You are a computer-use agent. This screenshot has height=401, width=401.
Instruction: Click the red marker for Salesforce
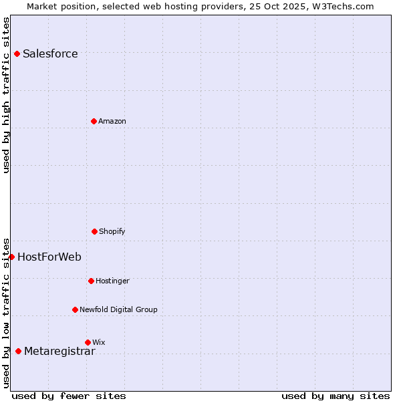pyautogui.click(x=17, y=53)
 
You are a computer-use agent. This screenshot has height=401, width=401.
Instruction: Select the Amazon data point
pyautogui.click(x=94, y=121)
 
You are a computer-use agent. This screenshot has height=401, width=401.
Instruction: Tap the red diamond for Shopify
pyautogui.click(x=94, y=231)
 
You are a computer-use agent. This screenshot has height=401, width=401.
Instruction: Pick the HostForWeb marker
pyautogui.click(x=11, y=257)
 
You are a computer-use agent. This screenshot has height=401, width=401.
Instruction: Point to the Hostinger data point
pyautogui.click(x=91, y=281)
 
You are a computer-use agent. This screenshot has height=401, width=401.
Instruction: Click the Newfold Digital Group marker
pyautogui.click(x=75, y=309)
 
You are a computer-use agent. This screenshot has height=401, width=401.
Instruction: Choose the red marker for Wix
pyautogui.click(x=88, y=342)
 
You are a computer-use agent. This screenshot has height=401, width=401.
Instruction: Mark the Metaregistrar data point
pyautogui.click(x=18, y=351)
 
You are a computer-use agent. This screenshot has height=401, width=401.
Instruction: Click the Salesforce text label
pyautogui.click(x=50, y=54)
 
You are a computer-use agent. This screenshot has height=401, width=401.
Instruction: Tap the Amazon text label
pyautogui.click(x=112, y=122)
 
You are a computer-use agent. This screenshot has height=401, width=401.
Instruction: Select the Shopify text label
pyautogui.click(x=112, y=232)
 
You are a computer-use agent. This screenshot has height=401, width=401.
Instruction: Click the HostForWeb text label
pyautogui.click(x=49, y=257)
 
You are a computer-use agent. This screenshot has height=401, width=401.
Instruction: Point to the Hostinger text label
pyautogui.click(x=112, y=281)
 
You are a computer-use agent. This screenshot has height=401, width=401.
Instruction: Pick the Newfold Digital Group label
pyautogui.click(x=118, y=310)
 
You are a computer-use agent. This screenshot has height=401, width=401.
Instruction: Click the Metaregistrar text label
pyautogui.click(x=59, y=352)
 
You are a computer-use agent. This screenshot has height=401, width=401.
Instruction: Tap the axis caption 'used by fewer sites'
pyautogui.click(x=69, y=396)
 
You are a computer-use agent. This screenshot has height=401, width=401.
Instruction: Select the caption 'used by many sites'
pyautogui.click(x=336, y=396)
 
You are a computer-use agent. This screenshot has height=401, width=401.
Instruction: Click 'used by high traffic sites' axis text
pyautogui.click(x=7, y=95)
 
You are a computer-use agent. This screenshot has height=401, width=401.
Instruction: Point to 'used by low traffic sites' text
pyautogui.click(x=7, y=312)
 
